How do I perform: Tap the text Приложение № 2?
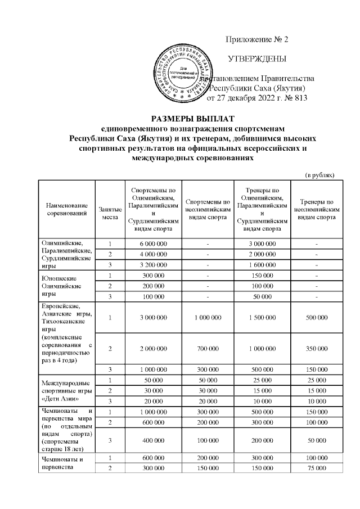(256, 39)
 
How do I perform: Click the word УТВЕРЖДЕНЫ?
(256, 58)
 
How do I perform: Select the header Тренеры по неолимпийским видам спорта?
(317, 209)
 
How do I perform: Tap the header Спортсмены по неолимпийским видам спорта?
(208, 209)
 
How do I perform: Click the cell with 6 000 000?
(153, 244)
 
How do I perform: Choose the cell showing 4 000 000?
(153, 254)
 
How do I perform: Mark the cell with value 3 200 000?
(153, 265)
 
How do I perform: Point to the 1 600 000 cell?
(262, 265)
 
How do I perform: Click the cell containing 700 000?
(208, 349)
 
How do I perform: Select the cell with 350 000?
(317, 349)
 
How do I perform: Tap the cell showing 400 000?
(153, 442)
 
